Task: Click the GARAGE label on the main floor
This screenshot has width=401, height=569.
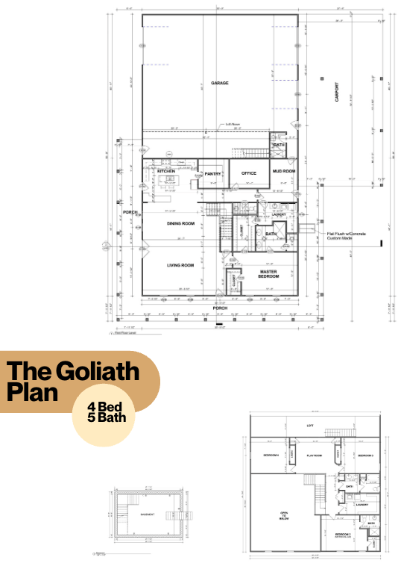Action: coord(219,83)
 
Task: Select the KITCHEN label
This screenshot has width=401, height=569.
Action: coord(166,172)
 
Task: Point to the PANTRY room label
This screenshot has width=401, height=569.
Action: coord(213,175)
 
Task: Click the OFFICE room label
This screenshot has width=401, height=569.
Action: coord(248,173)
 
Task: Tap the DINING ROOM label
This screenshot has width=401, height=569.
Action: coord(180,223)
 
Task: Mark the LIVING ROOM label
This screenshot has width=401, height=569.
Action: coord(180,265)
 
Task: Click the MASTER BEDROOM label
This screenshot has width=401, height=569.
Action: coord(268,275)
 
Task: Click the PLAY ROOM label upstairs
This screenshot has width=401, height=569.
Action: coord(315,455)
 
